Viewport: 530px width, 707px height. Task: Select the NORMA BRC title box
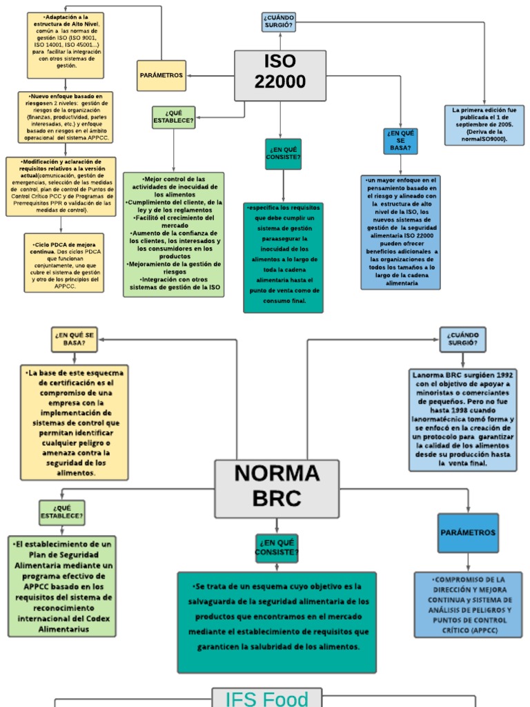pos(277,488)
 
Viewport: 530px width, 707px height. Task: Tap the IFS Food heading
pos(266,697)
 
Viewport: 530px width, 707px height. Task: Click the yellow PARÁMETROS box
pos(161,75)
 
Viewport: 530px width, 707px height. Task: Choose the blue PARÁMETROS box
pos(468,533)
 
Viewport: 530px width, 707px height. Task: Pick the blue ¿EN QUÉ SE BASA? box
pos(400,141)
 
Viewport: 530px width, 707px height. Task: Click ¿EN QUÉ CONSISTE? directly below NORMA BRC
pos(277,548)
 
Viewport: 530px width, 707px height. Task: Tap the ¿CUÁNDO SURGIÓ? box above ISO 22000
pos(279,22)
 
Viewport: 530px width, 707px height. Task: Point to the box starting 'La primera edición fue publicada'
pos(484,125)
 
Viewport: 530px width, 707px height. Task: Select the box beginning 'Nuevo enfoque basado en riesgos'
pos(66,117)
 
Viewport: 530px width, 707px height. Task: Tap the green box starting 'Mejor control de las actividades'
pos(174,234)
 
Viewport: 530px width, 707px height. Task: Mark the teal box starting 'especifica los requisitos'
pos(283,257)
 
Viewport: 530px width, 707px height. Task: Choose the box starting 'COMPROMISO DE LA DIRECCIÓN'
pos(468,604)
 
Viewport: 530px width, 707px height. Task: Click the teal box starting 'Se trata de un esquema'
pos(277,621)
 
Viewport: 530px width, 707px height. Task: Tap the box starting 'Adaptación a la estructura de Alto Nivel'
pos(66,45)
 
